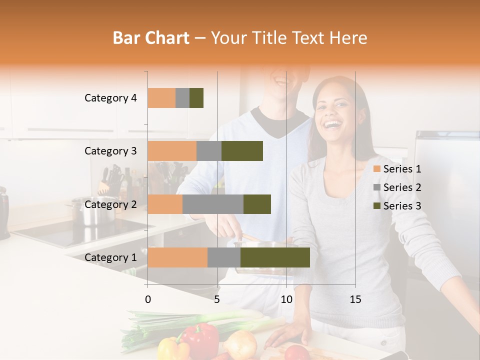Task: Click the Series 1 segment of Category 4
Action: click(161, 98)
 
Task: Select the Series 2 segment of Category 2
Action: click(213, 204)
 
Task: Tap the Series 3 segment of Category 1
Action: click(275, 257)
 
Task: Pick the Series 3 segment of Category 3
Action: click(242, 151)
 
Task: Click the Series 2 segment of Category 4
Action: click(182, 98)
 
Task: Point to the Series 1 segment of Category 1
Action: click(177, 257)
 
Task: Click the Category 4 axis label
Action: click(110, 98)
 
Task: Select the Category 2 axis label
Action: click(110, 204)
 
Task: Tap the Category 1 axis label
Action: click(110, 257)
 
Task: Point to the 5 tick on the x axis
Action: click(217, 299)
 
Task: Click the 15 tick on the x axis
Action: click(355, 299)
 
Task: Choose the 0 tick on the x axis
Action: click(148, 299)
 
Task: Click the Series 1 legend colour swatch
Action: click(377, 169)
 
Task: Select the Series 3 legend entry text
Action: click(402, 206)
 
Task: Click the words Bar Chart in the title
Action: click(151, 38)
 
